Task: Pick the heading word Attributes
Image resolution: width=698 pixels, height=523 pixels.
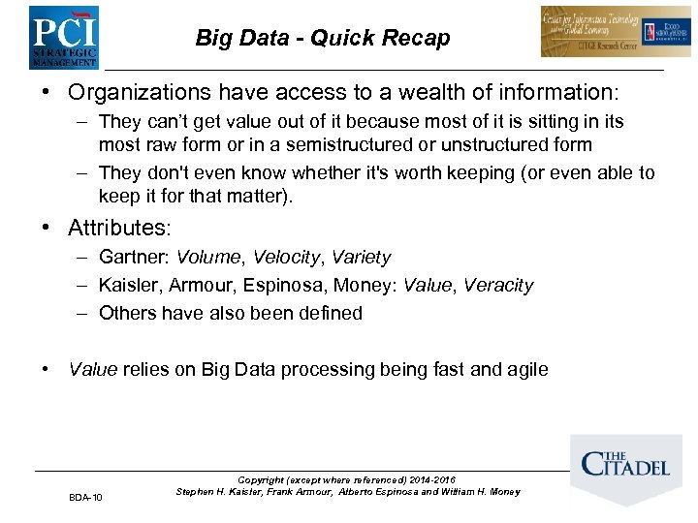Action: [x=118, y=229]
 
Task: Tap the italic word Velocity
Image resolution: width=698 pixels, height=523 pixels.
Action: [x=286, y=258]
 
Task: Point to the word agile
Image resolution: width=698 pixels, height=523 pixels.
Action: [x=525, y=369]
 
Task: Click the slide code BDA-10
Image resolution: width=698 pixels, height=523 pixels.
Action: [x=85, y=498]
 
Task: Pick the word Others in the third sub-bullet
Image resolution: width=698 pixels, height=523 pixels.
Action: [x=127, y=313]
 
